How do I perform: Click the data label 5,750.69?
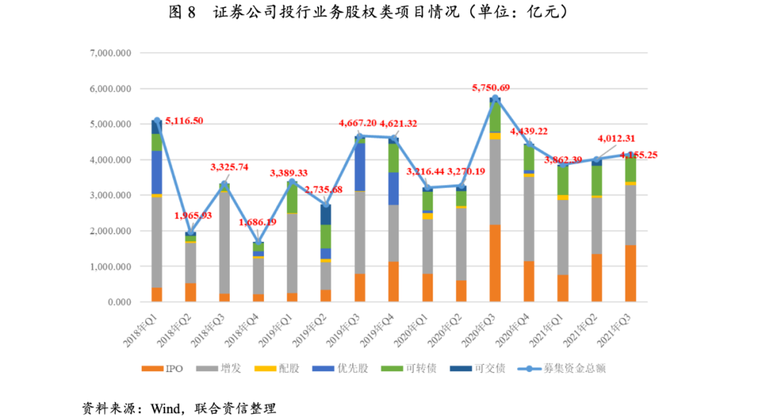491,88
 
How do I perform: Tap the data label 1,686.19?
257,222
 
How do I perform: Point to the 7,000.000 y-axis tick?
112,53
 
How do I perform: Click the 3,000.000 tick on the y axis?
112,195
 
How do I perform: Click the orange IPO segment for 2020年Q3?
495,263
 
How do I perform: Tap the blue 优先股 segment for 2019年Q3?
360,167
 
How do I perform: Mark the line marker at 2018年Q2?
190,232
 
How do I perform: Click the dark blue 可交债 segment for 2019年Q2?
326,214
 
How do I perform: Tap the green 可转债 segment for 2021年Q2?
596,180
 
